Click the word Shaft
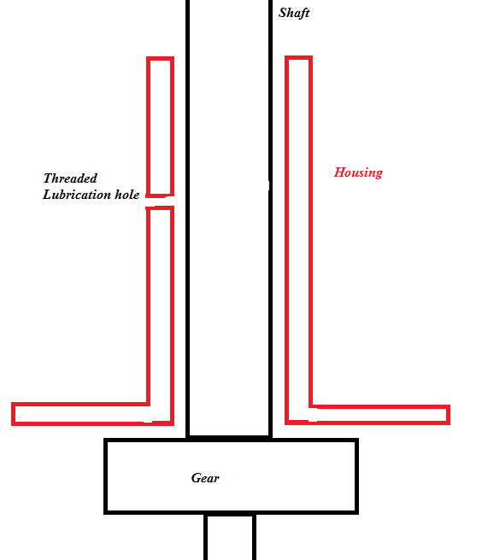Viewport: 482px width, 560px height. click(x=294, y=13)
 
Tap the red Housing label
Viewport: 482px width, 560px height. click(x=358, y=172)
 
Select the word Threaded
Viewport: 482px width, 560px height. click(x=70, y=178)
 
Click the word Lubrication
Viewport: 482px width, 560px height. click(x=77, y=195)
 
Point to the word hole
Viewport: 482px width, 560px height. click(x=127, y=195)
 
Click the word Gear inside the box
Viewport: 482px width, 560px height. click(x=205, y=478)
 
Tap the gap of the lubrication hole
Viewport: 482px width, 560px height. click(x=160, y=201)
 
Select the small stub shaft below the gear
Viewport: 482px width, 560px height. click(x=206, y=537)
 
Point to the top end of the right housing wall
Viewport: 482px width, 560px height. click(x=298, y=57)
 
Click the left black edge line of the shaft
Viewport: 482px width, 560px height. click(x=188, y=219)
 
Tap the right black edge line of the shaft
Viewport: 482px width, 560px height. click(x=270, y=219)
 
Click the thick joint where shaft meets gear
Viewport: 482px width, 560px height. click(x=229, y=437)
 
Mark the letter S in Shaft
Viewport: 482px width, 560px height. click(x=283, y=13)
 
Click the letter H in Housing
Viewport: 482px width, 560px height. click(x=339, y=172)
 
